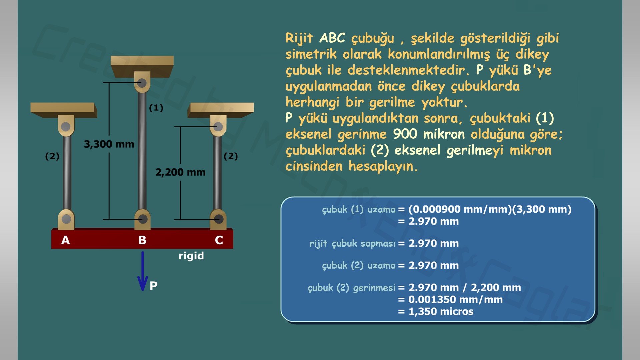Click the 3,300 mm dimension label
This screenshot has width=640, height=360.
109,144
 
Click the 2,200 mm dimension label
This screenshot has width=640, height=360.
180,172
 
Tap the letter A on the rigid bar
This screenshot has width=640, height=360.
66,240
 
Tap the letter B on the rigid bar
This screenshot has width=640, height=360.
142,240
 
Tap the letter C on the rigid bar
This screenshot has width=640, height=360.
219,240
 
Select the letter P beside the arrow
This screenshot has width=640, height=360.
153,286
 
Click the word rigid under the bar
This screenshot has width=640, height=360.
191,256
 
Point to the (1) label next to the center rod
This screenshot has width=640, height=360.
156,108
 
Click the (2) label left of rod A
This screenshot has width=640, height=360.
52,156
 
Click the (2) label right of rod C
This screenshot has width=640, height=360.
231,156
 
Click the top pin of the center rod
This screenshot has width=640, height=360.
142,83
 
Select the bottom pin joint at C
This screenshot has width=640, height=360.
219,219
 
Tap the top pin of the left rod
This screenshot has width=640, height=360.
66,127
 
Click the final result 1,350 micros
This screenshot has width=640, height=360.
441,311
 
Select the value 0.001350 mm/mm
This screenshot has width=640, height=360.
455,299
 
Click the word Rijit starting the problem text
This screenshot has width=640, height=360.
299,38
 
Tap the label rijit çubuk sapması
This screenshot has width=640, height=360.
352,243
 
